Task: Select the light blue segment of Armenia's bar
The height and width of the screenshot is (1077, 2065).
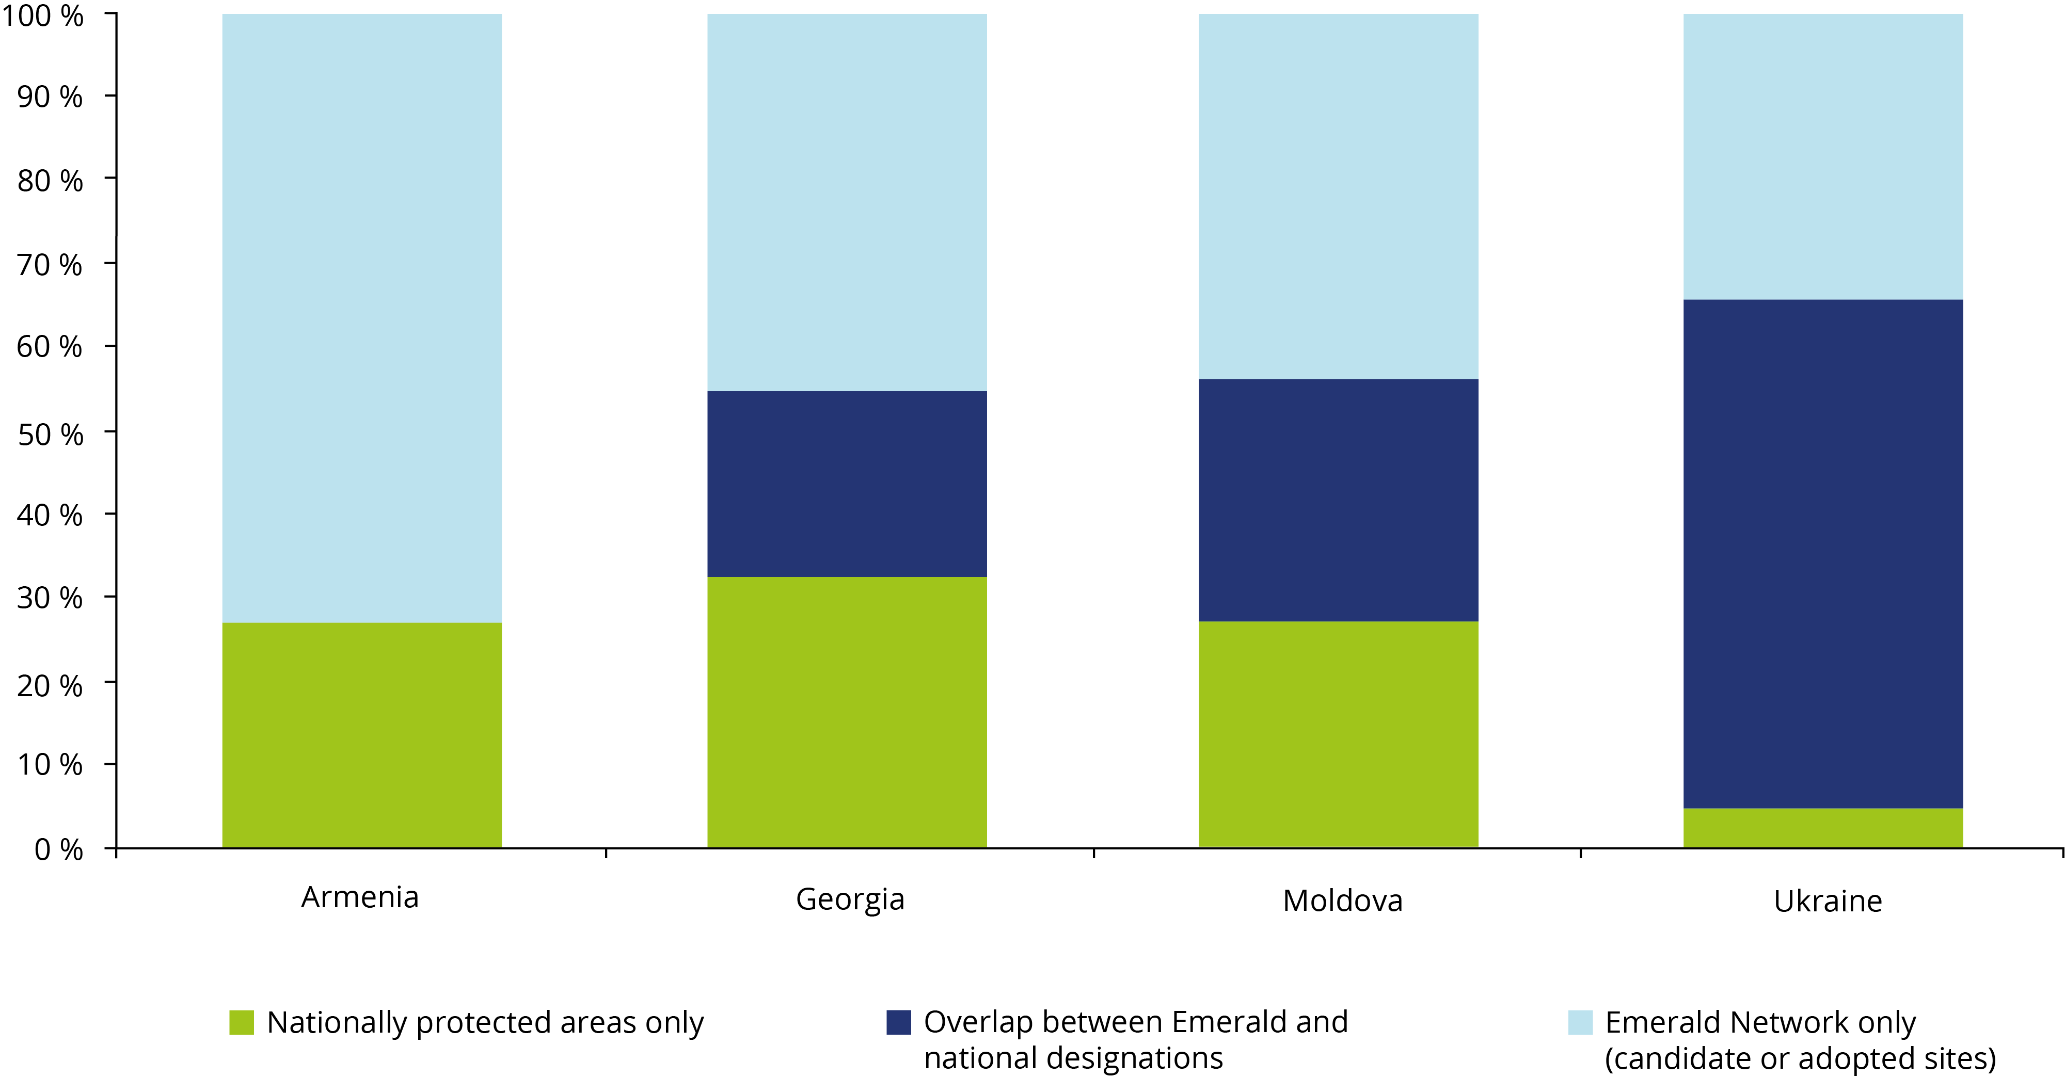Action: (361, 318)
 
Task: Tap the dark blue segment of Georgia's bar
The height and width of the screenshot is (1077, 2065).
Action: (847, 484)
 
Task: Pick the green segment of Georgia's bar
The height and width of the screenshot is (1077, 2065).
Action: (847, 712)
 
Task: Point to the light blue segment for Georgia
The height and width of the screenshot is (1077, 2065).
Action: (847, 203)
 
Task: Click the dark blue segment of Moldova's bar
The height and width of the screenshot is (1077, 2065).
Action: (1338, 500)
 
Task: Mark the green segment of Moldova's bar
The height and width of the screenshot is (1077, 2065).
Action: (1338, 733)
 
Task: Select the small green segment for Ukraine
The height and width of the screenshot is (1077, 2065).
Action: (1823, 827)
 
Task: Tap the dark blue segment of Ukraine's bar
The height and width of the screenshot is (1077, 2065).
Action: (1823, 554)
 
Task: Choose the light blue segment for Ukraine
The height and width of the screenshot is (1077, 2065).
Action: (1823, 157)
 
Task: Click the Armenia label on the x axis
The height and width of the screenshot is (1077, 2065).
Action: (360, 897)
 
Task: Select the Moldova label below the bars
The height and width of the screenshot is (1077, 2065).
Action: (1343, 901)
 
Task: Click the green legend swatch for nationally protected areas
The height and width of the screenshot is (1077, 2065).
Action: (241, 1022)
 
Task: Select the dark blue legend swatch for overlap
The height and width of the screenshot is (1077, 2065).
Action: (899, 1022)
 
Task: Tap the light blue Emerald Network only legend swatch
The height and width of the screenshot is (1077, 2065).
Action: (1580, 1022)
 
